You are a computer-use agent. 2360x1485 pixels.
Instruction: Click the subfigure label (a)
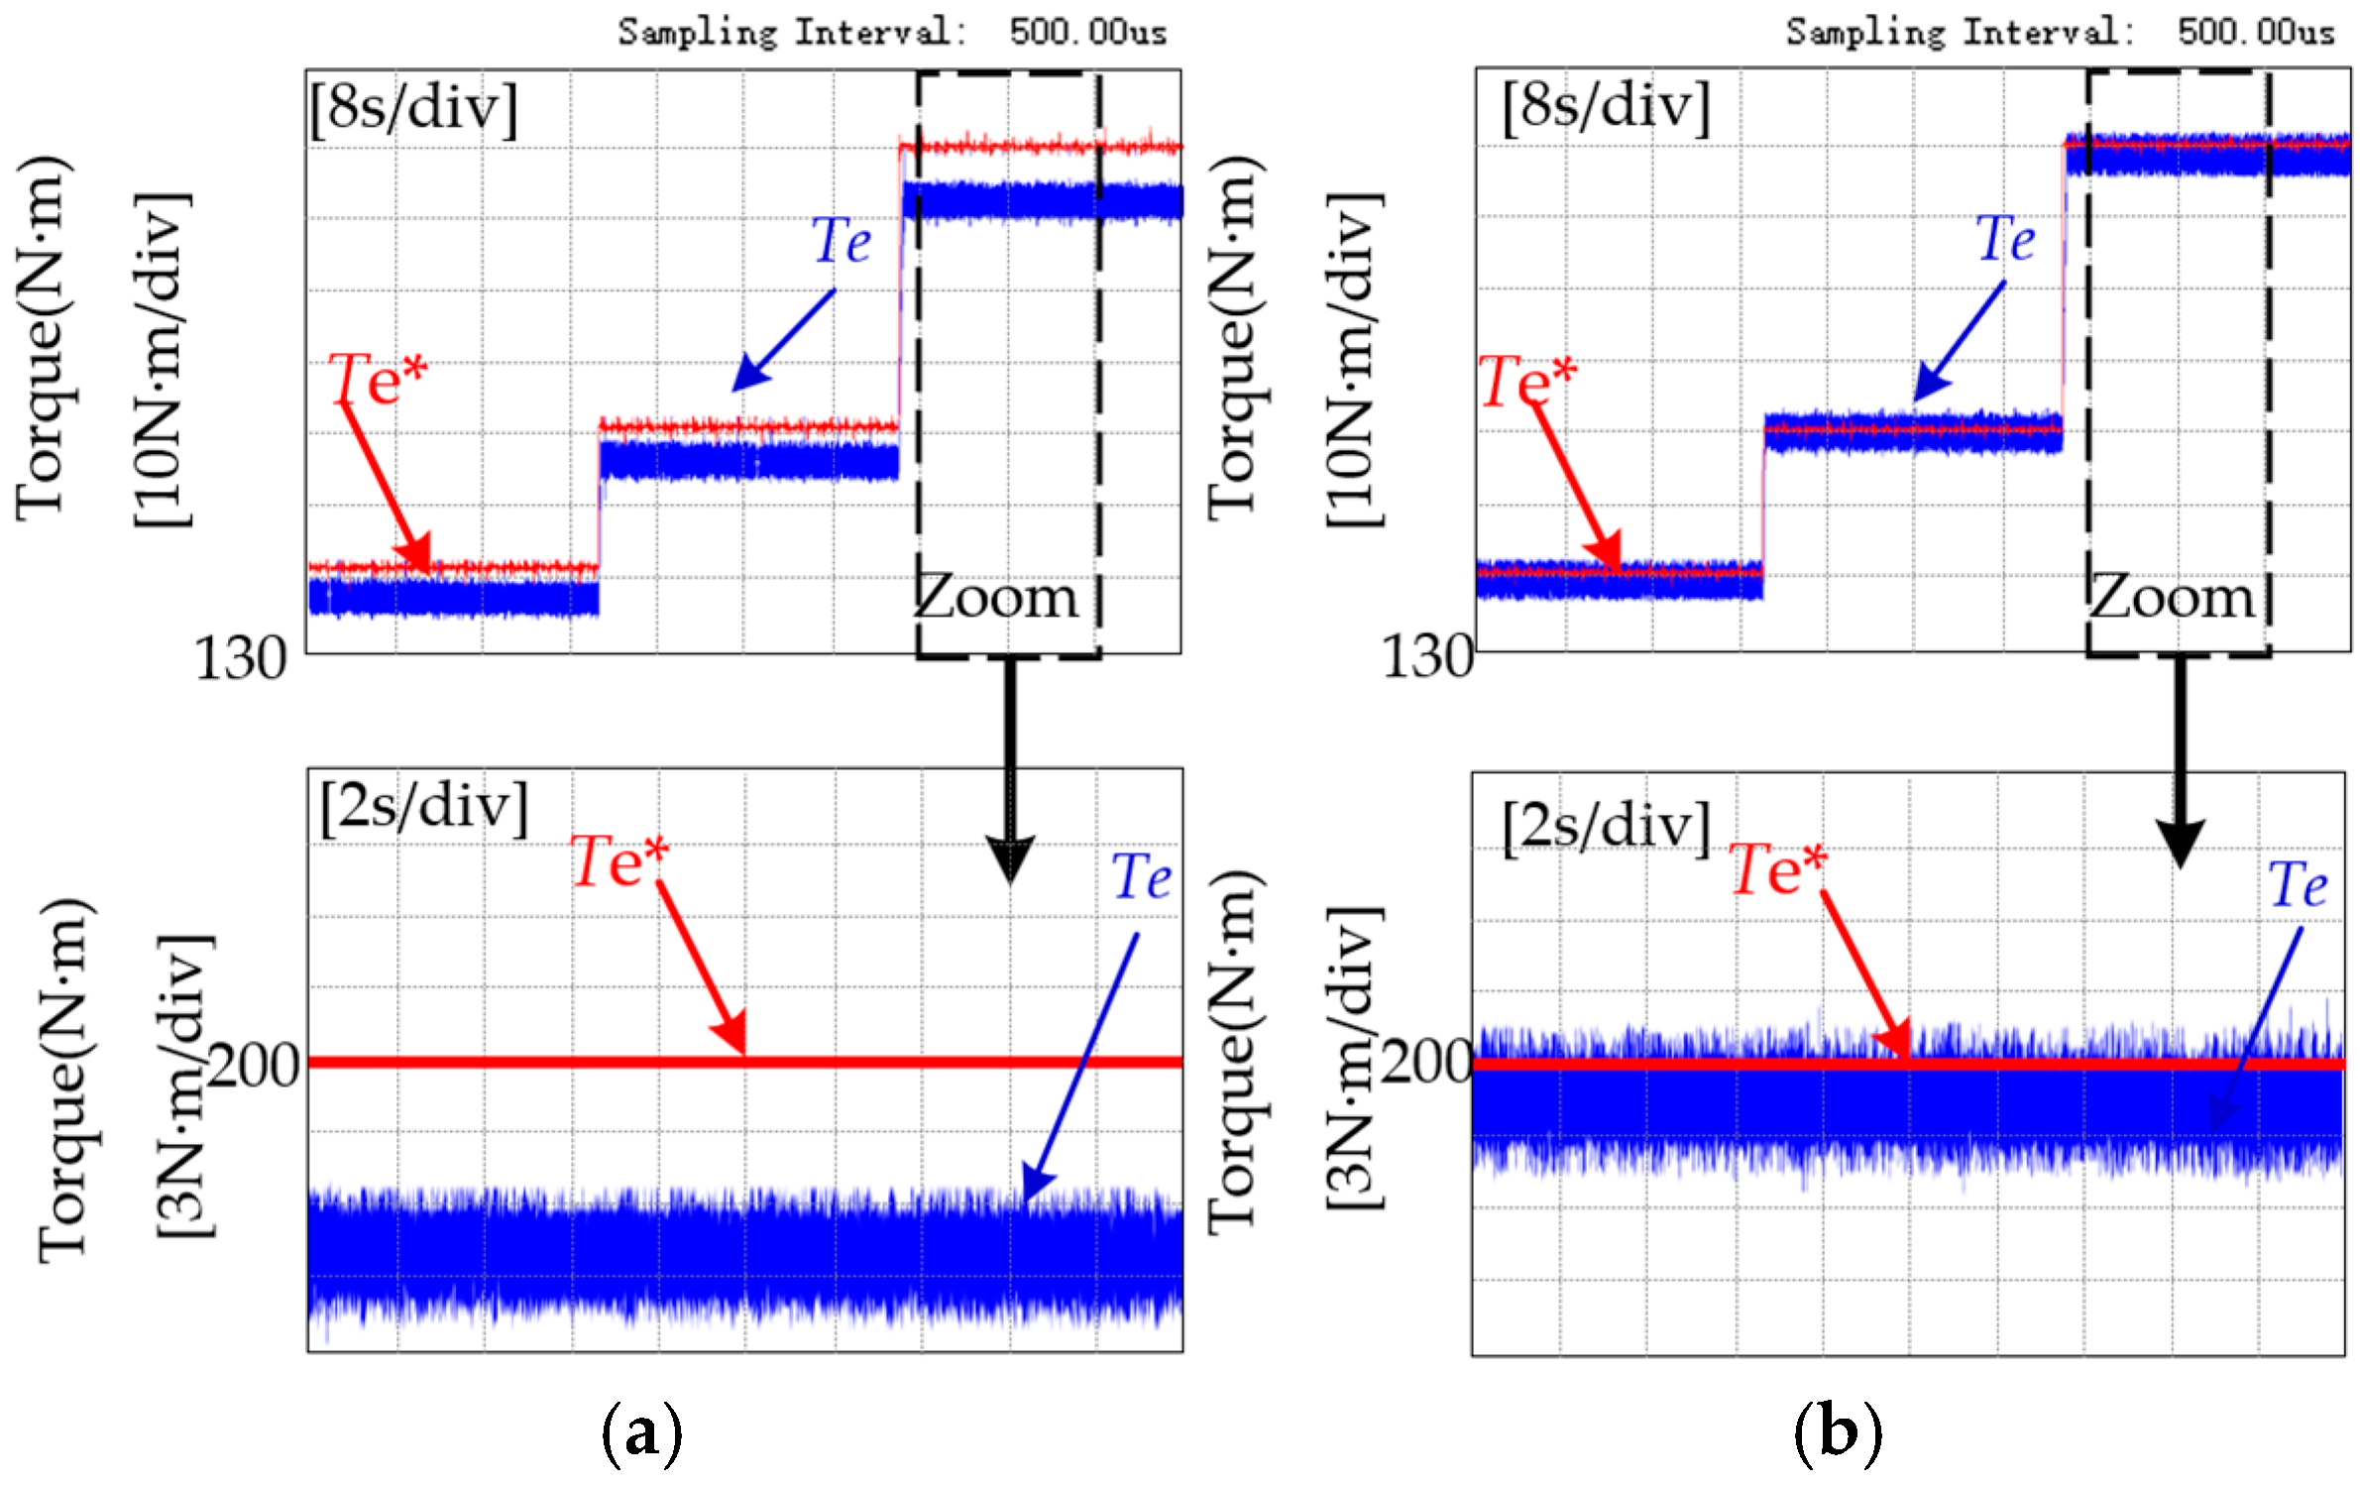pyautogui.click(x=641, y=1431)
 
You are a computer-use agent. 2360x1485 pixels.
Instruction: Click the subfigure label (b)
pyautogui.click(x=1837, y=1431)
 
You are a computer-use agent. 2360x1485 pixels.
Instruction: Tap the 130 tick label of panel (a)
pyautogui.click(x=241, y=658)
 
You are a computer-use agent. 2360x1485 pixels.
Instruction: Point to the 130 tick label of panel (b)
pyautogui.click(x=1427, y=656)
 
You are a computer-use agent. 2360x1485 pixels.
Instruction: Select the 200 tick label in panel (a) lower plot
pyautogui.click(x=255, y=1067)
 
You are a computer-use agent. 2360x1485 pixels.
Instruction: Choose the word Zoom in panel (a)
pyautogui.click(x=996, y=598)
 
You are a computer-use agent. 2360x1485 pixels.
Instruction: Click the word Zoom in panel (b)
pyautogui.click(x=2173, y=598)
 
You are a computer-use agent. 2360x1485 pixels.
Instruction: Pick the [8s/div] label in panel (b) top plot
pyautogui.click(x=1606, y=106)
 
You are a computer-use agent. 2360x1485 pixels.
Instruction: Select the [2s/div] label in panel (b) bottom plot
pyautogui.click(x=1606, y=826)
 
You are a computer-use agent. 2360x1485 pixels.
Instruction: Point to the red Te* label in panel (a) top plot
pyautogui.click(x=378, y=380)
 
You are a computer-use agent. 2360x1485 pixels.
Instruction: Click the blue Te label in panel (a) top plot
pyautogui.click(x=842, y=241)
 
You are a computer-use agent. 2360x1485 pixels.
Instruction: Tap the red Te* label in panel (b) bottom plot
pyautogui.click(x=1778, y=869)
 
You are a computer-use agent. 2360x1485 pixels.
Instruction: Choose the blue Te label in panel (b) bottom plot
pyautogui.click(x=2298, y=884)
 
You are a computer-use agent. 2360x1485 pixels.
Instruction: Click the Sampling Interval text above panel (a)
pyautogui.click(x=792, y=32)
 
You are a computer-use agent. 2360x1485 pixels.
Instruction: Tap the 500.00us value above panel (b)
pyautogui.click(x=2255, y=32)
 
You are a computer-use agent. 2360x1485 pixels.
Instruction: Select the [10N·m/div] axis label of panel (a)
pyautogui.click(x=163, y=362)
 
